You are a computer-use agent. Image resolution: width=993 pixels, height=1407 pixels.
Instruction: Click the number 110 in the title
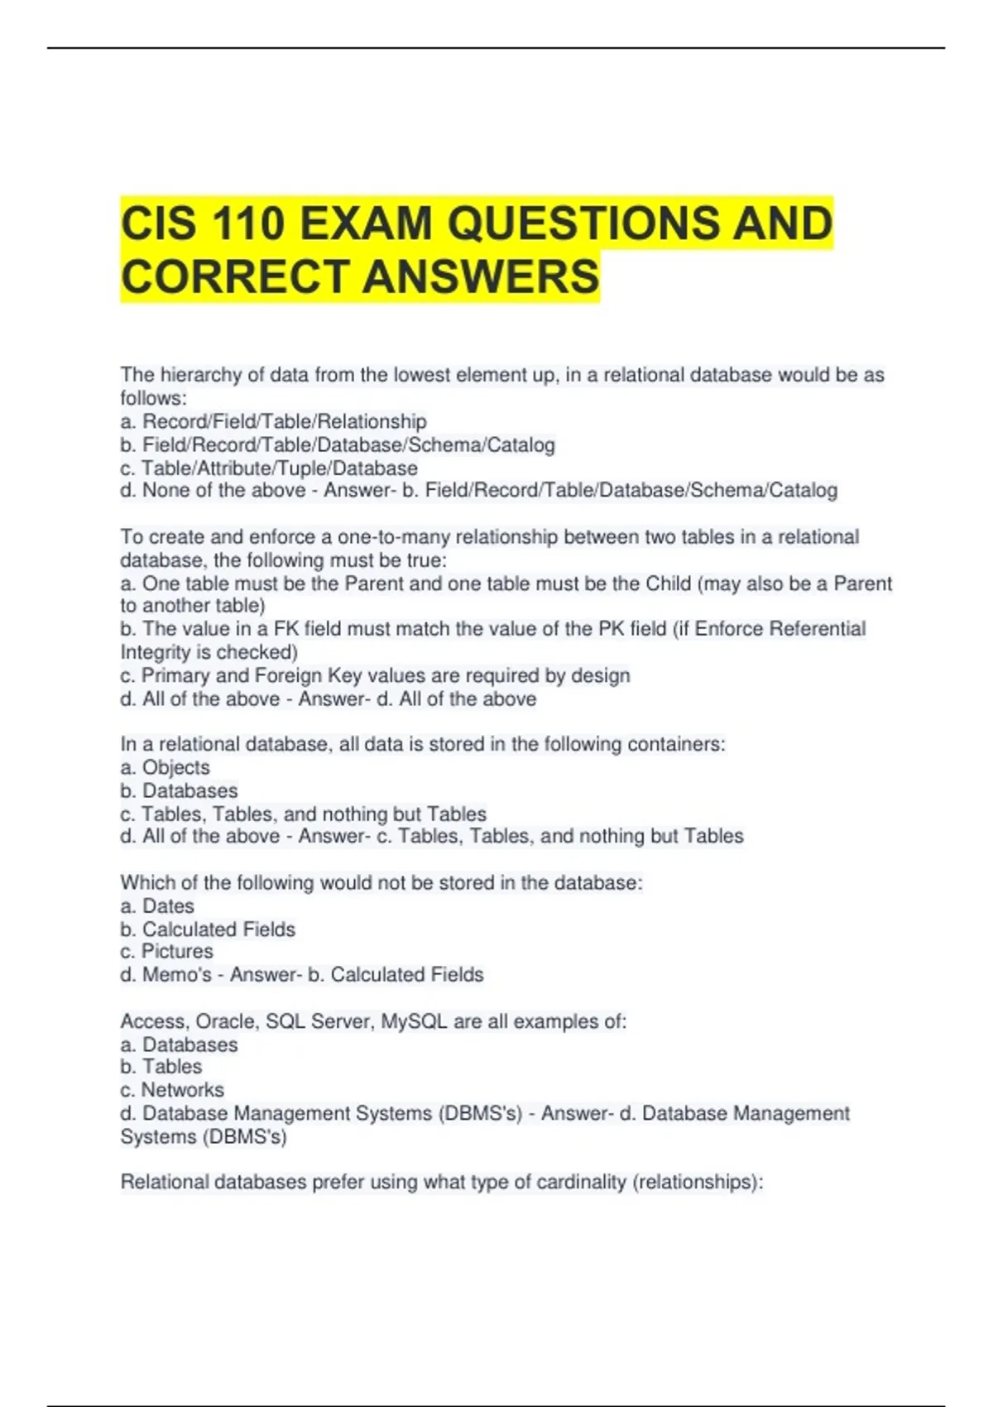click(x=248, y=223)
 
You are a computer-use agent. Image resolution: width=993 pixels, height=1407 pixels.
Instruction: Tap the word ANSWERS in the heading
click(x=481, y=276)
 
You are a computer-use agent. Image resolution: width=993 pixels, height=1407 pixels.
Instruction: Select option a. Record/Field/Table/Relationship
click(x=273, y=421)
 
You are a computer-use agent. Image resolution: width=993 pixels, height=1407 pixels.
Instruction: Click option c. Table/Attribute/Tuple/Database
click(x=268, y=468)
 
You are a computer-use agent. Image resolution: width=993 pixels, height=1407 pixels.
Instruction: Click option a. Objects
click(x=165, y=767)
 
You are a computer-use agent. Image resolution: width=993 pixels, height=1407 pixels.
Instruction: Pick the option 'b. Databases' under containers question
click(x=179, y=790)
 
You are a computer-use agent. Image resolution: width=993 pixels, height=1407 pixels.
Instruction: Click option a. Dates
click(x=157, y=906)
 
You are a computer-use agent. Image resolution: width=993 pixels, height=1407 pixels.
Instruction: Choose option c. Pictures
click(x=166, y=952)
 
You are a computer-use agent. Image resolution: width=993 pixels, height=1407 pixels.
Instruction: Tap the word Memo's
click(x=177, y=975)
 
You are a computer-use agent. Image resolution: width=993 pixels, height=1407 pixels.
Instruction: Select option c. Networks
click(x=172, y=1090)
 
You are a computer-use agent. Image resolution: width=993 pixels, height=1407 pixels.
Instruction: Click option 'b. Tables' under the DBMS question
click(x=161, y=1067)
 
